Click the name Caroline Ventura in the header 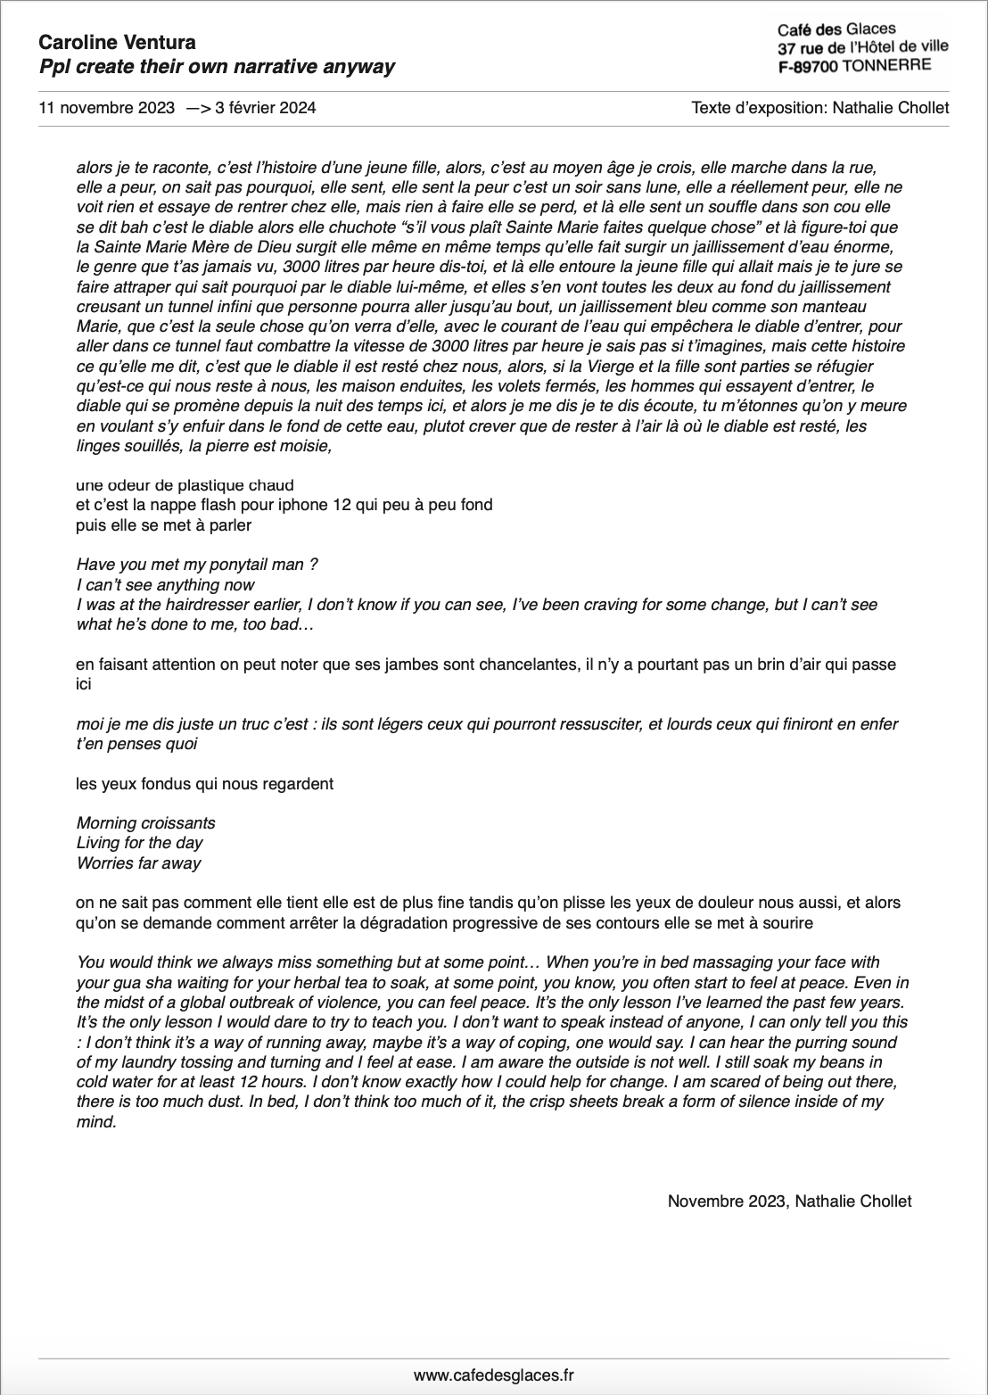point(118,42)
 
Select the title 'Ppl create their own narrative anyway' point(217,67)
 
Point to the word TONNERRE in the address point(886,65)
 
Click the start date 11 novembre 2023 point(106,109)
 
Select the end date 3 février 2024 point(266,109)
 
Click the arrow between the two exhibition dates point(199,109)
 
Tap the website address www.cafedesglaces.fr point(494,1375)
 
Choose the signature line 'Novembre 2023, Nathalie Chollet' point(789,1201)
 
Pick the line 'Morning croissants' point(145,822)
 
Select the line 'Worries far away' point(138,863)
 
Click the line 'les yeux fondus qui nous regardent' point(205,783)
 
